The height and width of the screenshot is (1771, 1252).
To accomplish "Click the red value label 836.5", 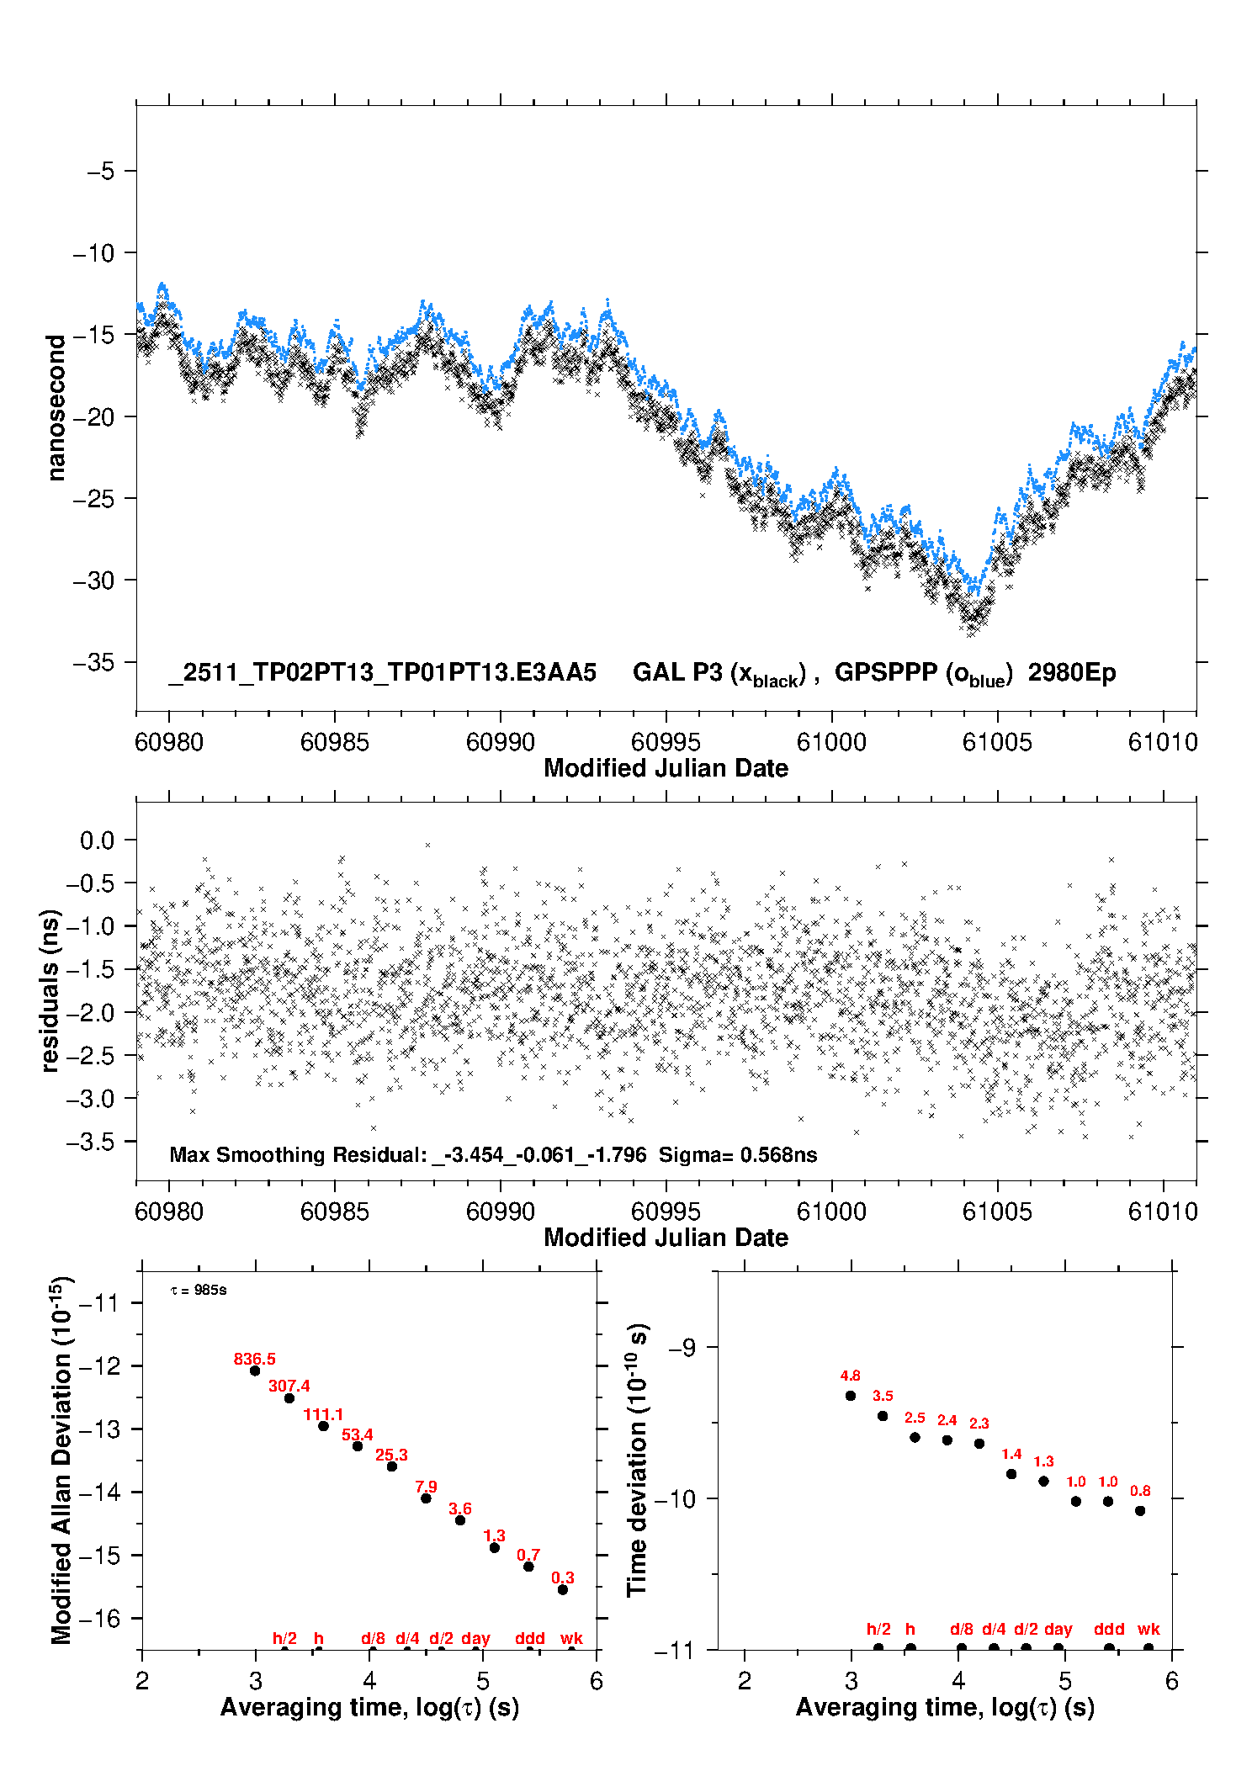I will tap(254, 1359).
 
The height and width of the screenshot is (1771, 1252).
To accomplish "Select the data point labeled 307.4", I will tap(289, 1398).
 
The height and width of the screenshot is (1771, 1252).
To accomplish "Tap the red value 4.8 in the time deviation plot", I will tap(850, 1376).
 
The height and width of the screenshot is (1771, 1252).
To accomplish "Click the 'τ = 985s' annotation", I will tap(199, 1290).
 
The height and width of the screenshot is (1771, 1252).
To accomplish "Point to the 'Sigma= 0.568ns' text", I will tap(738, 1154).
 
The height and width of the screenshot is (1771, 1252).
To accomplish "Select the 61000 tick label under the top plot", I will tap(831, 742).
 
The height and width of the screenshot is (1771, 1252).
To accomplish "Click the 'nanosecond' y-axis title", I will tap(56, 408).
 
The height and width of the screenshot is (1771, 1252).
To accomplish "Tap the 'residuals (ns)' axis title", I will tap(50, 990).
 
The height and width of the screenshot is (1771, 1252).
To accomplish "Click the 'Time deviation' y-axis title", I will tap(637, 1460).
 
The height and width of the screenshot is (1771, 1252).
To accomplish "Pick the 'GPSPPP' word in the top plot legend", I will tap(885, 672).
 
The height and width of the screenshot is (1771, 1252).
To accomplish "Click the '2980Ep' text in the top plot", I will tap(1072, 672).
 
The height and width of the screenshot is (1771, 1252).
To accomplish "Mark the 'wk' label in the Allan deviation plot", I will tap(571, 1638).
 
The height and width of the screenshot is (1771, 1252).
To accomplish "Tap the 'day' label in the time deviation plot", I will tap(1058, 1629).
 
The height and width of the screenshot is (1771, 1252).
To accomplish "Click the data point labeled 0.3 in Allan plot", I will tap(563, 1589).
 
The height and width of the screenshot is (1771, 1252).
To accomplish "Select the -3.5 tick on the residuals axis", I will tap(97, 1141).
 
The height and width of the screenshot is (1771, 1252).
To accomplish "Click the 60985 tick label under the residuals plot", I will tap(335, 1212).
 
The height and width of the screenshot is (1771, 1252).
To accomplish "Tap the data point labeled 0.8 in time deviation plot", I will tap(1140, 1510).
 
